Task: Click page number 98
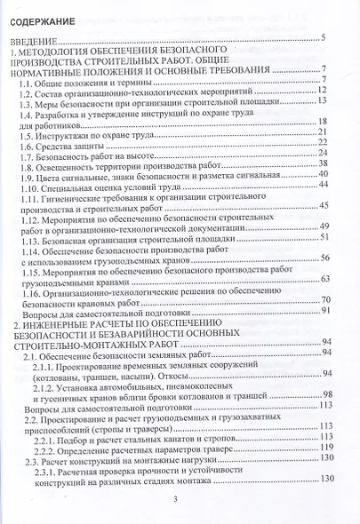pos(327,394)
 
